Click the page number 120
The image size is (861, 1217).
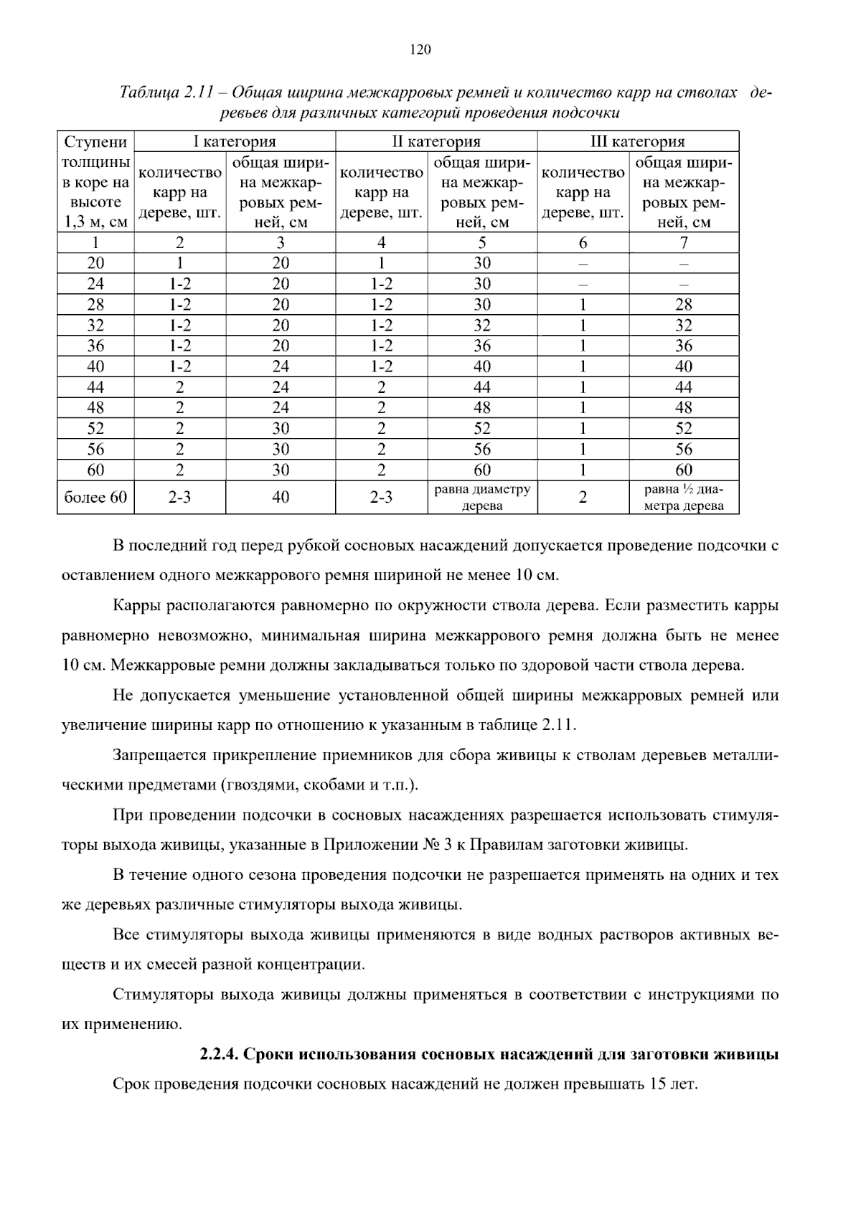tap(420, 49)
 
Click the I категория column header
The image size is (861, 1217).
tap(235, 141)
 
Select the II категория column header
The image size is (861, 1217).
tap(436, 141)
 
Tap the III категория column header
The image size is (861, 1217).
tap(637, 141)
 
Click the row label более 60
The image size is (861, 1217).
tap(95, 498)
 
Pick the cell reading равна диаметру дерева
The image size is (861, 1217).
tap(482, 498)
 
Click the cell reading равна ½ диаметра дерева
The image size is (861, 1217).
tap(684, 498)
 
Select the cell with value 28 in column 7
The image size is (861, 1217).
tap(684, 305)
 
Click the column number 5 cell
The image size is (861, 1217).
tap(482, 242)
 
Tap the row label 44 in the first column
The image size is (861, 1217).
tap(95, 388)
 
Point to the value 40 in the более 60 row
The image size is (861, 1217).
tap(281, 498)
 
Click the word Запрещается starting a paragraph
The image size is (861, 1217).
tap(154, 755)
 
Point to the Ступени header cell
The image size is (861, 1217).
tap(95, 141)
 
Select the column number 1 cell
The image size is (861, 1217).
tap(95, 242)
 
